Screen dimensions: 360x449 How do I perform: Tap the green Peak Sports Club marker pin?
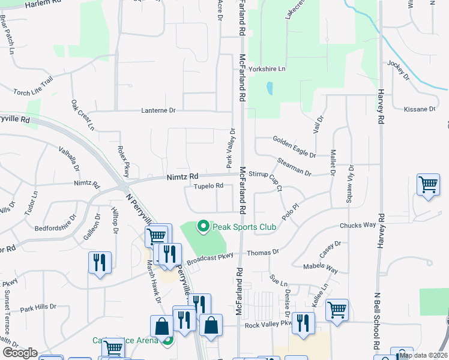[203, 226]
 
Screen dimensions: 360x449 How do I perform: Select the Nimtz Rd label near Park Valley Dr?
[181, 177]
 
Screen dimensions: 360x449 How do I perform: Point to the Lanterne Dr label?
[158, 110]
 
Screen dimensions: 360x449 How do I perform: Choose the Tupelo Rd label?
[208, 186]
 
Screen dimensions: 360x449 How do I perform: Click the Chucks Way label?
[358, 226]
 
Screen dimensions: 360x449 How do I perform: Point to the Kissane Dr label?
[420, 109]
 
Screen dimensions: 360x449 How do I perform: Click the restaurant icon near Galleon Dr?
[99, 262]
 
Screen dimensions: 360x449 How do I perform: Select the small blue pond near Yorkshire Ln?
[270, 89]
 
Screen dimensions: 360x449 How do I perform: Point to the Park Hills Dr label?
[38, 308]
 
